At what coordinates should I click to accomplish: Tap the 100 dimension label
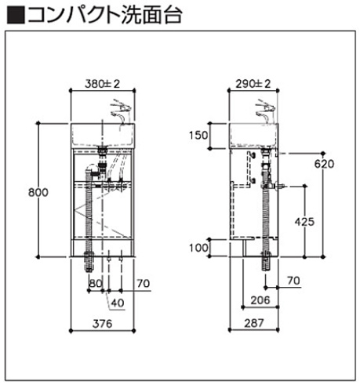click(198, 249)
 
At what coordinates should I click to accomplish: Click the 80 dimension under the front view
click(96, 283)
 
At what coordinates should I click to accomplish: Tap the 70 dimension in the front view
click(143, 283)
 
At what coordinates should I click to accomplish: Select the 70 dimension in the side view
click(293, 280)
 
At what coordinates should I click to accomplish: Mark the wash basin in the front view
click(104, 135)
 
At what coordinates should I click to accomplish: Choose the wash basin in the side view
click(253, 135)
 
